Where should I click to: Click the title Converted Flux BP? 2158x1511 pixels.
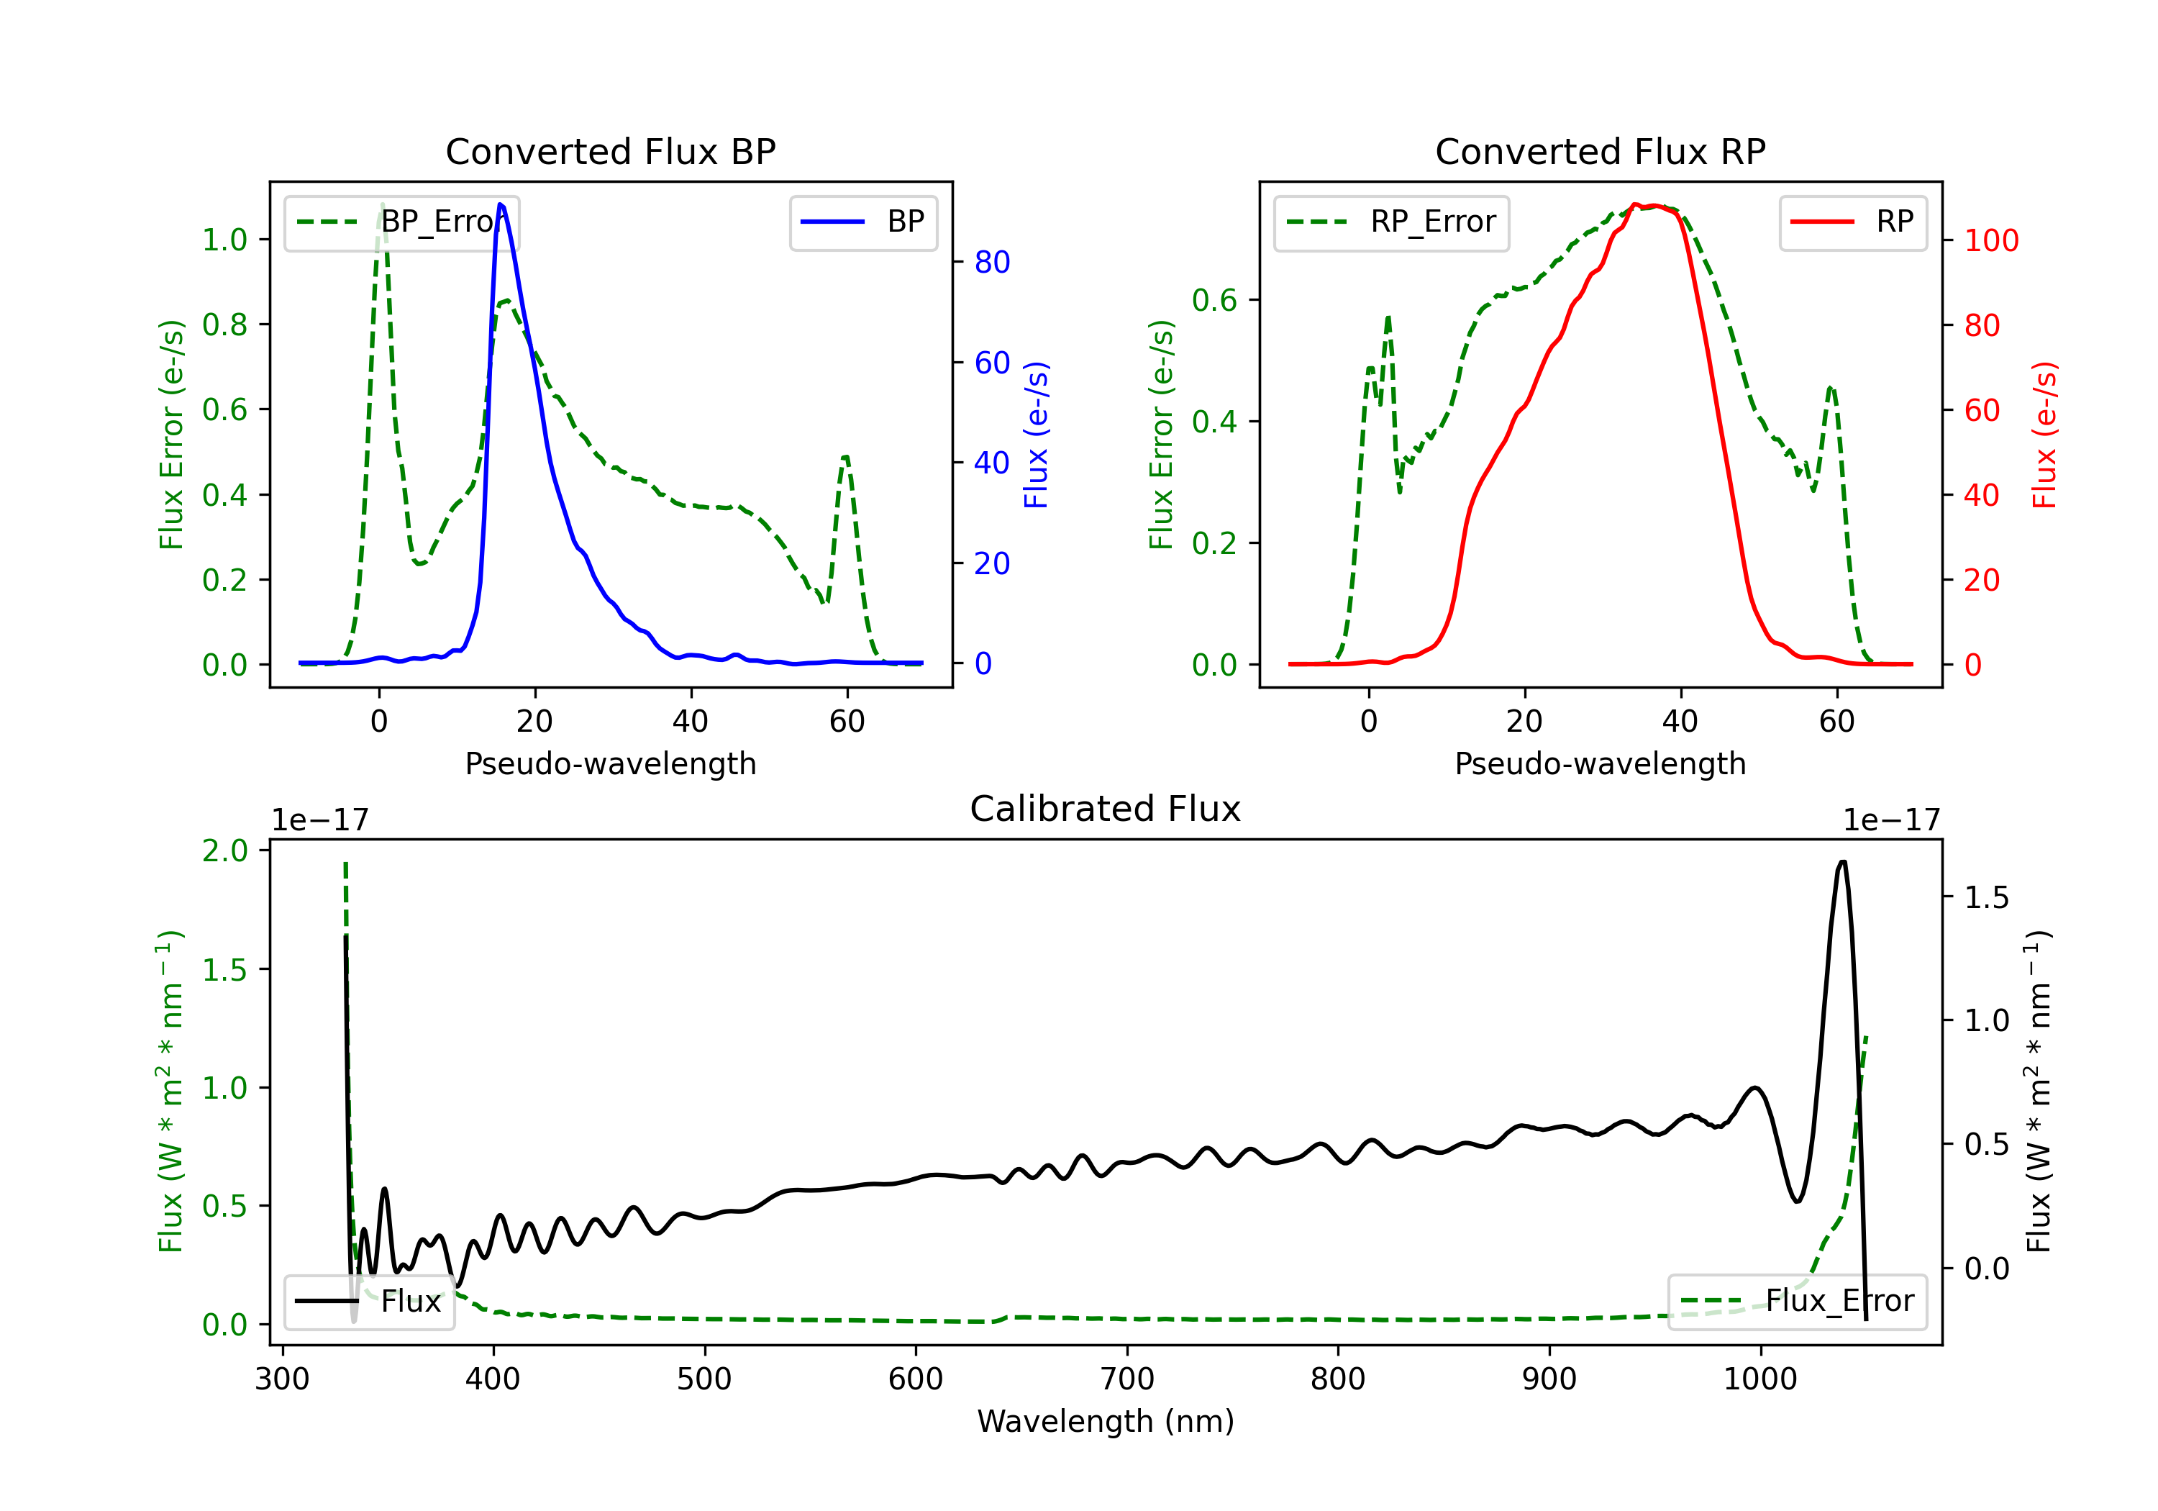point(610,151)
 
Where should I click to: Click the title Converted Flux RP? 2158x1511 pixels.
point(1600,151)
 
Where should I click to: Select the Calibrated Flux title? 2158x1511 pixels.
point(1106,809)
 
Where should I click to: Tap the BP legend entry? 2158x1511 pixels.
point(862,222)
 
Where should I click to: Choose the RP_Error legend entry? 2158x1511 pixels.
point(1391,222)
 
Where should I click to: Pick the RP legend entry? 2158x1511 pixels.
point(1852,222)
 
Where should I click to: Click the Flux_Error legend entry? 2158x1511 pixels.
point(1797,1302)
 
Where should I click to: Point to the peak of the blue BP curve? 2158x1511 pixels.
point(500,204)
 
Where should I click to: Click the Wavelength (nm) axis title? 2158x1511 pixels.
point(1106,1421)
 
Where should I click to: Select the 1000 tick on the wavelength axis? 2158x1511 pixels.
point(1760,1379)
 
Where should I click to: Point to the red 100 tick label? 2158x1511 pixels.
point(1990,241)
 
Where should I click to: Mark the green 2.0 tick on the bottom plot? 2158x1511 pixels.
point(224,851)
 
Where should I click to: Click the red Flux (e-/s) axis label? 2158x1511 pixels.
point(2045,435)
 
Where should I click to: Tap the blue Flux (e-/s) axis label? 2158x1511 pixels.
point(1036,435)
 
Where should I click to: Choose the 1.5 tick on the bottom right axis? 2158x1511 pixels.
point(1987,898)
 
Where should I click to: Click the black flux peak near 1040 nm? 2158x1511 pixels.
point(1842,862)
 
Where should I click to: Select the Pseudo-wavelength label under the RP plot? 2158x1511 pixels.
point(1600,763)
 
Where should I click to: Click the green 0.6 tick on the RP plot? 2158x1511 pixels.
point(1214,301)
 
